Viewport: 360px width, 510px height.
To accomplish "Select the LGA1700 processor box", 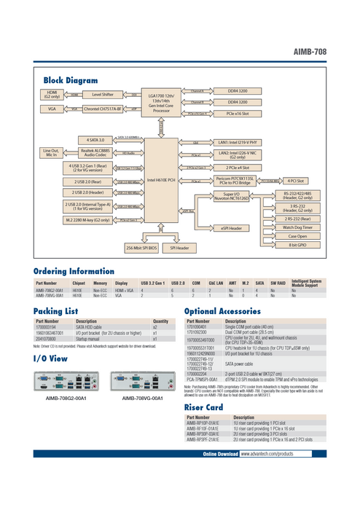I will [x=162, y=103].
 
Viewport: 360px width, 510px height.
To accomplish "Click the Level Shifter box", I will [x=101, y=95].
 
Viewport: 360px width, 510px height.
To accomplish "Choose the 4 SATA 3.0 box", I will [x=95, y=138].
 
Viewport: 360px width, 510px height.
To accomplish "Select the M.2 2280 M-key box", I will [x=87, y=219].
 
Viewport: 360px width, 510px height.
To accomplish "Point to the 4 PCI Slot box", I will [x=295, y=179].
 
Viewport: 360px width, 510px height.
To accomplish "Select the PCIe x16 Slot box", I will [x=238, y=114].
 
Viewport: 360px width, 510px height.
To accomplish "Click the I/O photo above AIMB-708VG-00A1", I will [x=142, y=381].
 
